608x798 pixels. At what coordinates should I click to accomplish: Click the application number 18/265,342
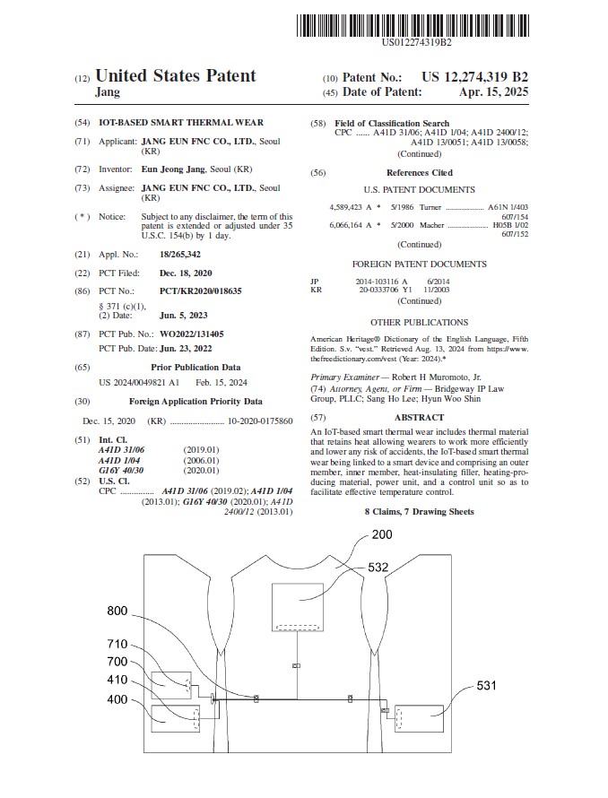click(x=170, y=255)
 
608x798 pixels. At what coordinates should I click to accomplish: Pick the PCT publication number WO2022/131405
click(x=192, y=334)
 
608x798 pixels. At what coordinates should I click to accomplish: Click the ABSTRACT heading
click(x=419, y=418)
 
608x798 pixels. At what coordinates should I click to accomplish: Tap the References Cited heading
click(x=419, y=172)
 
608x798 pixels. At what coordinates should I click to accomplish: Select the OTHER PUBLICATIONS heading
click(x=419, y=322)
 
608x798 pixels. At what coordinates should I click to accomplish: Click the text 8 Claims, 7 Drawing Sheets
click(x=419, y=511)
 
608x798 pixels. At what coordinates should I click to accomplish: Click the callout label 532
click(x=378, y=567)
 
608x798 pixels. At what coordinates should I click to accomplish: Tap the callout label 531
click(x=486, y=686)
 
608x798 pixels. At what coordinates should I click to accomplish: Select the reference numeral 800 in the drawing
click(x=117, y=611)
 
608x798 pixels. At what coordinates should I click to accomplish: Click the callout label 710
click(x=117, y=644)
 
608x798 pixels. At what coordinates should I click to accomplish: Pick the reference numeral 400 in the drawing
click(x=117, y=699)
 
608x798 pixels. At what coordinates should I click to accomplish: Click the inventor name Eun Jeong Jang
click(x=173, y=169)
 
